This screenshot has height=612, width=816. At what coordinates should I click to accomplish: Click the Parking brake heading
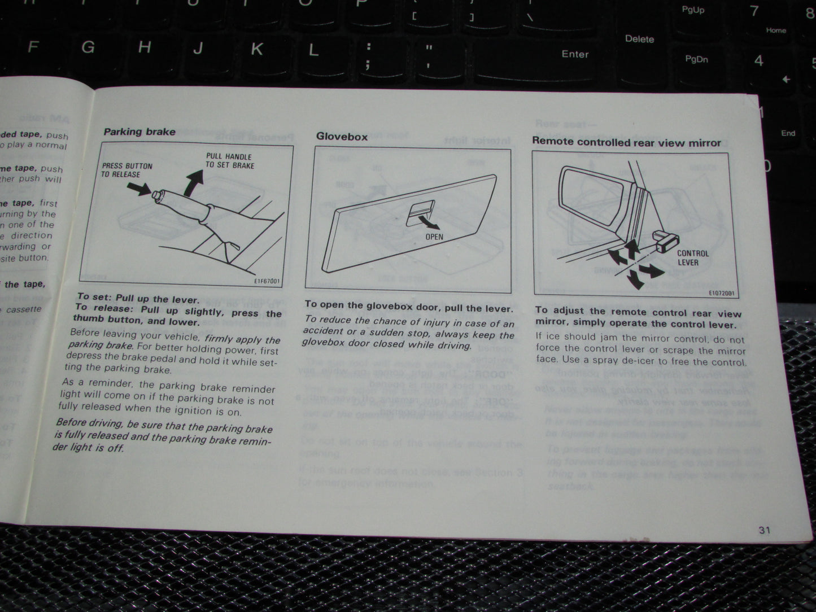tap(139, 132)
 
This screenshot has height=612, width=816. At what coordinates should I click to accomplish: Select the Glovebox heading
tap(342, 137)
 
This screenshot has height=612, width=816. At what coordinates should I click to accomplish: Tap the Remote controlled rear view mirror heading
tap(626, 142)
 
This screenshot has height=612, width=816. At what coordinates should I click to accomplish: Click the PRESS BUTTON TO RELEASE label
tap(127, 170)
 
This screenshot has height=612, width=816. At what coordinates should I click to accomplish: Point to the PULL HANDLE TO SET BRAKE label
tap(229, 161)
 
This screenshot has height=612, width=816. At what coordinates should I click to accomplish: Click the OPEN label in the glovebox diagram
tap(434, 237)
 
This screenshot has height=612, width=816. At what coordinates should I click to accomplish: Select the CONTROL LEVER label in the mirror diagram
tap(692, 258)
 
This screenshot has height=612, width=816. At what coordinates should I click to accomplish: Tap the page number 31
tap(765, 530)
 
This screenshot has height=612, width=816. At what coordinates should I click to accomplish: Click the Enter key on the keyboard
tap(575, 54)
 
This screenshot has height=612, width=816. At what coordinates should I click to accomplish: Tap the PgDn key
tap(696, 59)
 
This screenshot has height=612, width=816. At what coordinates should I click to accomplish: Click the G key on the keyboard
tap(88, 47)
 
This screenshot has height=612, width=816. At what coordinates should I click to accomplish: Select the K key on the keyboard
tap(256, 49)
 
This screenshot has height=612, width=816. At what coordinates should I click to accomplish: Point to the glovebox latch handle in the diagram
tap(420, 213)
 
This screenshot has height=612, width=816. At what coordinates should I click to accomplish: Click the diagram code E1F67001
tap(267, 281)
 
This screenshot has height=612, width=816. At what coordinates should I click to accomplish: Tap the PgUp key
tap(692, 10)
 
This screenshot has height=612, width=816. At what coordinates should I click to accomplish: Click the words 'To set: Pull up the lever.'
tap(138, 298)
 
